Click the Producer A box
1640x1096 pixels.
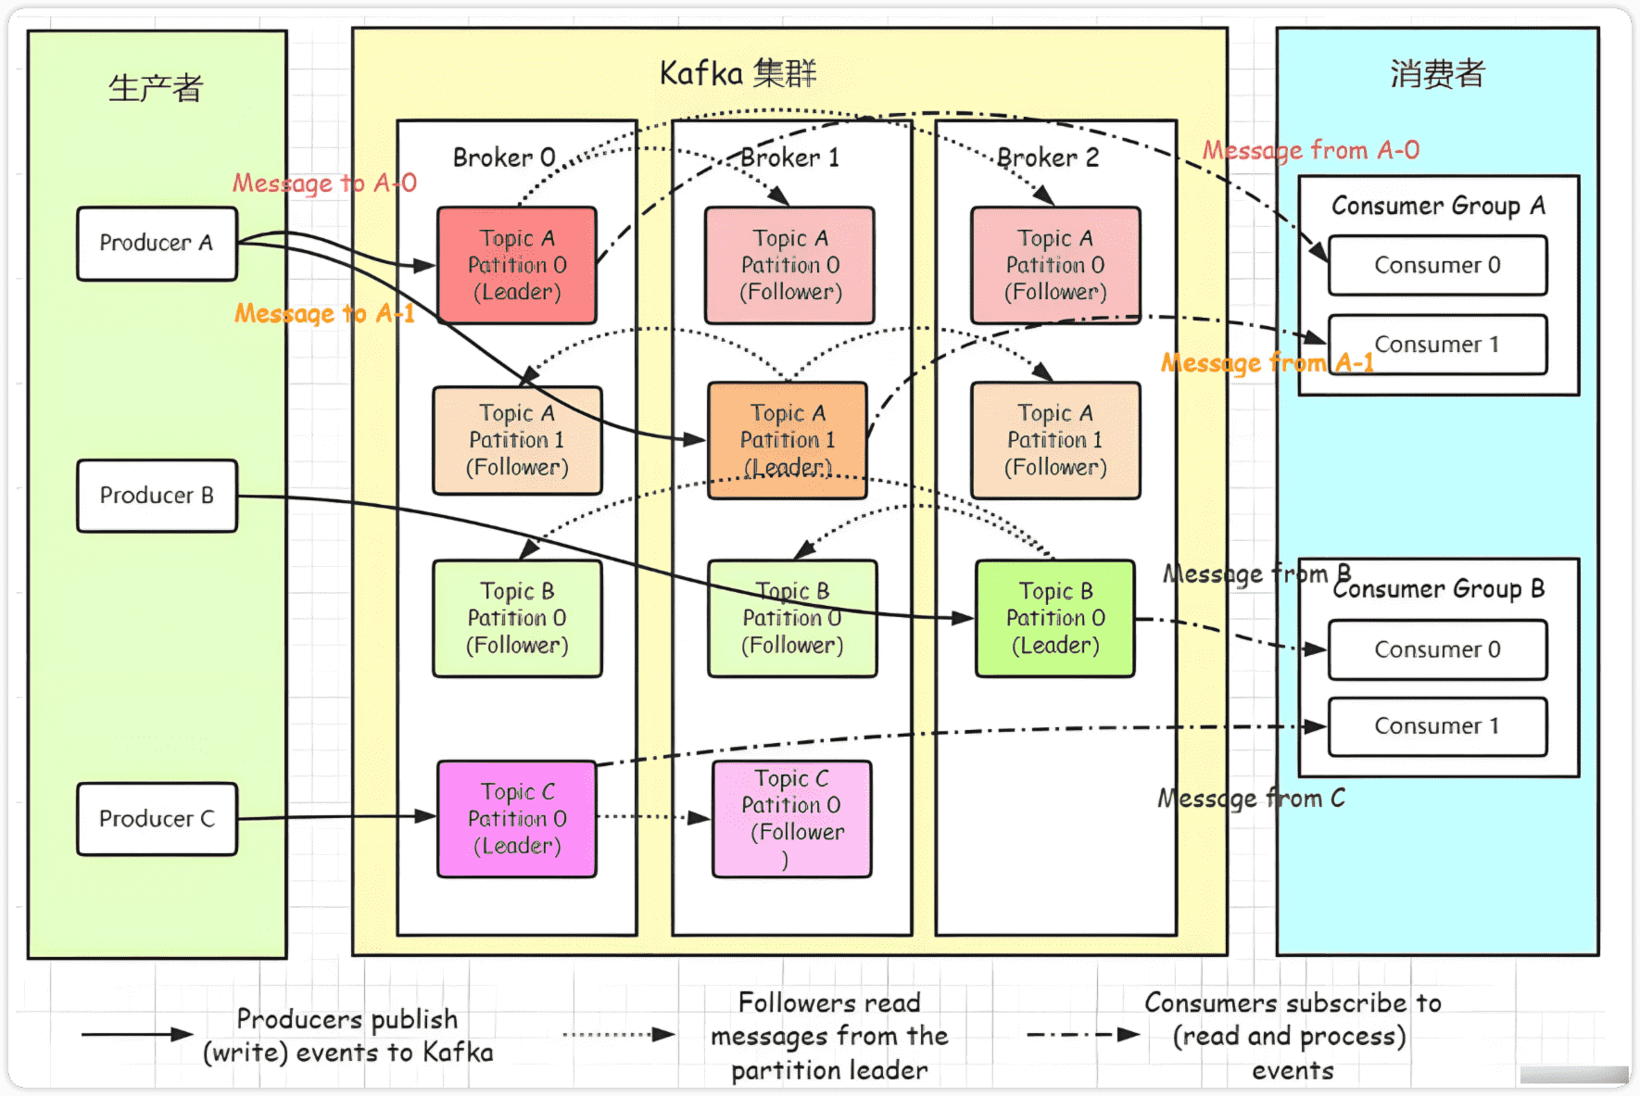pyautogui.click(x=157, y=244)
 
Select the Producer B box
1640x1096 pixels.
pyautogui.click(x=157, y=496)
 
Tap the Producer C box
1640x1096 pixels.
pyautogui.click(x=157, y=819)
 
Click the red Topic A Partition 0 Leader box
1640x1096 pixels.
pyautogui.click(x=517, y=265)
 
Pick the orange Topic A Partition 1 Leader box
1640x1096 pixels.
pyautogui.click(x=788, y=440)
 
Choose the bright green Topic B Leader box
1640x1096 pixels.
pyautogui.click(x=1055, y=618)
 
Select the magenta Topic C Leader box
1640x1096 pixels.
pyautogui.click(x=517, y=819)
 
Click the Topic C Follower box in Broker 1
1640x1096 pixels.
pyautogui.click(x=792, y=819)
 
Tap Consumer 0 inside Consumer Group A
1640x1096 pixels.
pyautogui.click(x=1437, y=266)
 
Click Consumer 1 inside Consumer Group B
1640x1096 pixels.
pyautogui.click(x=1437, y=726)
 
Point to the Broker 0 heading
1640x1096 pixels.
pyautogui.click(x=504, y=157)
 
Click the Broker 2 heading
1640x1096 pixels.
pyautogui.click(x=1048, y=157)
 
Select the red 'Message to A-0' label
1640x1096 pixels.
pyautogui.click(x=324, y=183)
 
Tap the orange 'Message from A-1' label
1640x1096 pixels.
pyautogui.click(x=1267, y=362)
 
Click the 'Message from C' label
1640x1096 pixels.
pyautogui.click(x=1251, y=799)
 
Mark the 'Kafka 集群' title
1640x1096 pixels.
pyautogui.click(x=738, y=73)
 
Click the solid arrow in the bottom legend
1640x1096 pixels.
pyautogui.click(x=137, y=1034)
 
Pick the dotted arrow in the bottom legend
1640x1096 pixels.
pyautogui.click(x=619, y=1034)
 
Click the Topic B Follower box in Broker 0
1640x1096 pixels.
pyautogui.click(x=517, y=618)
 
